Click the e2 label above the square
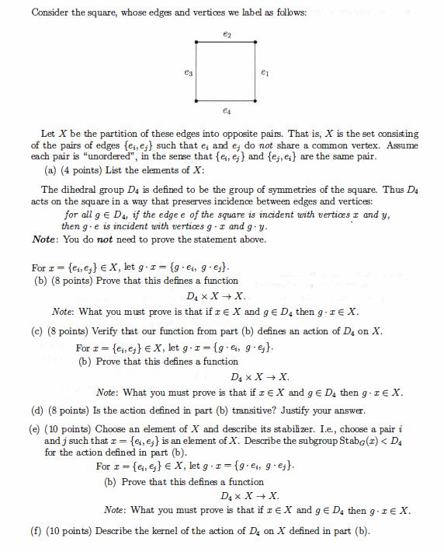[x=226, y=34]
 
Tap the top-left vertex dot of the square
[x=196, y=41]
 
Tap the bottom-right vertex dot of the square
[x=255, y=100]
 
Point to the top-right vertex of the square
[x=255, y=41]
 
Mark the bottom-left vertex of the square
[x=196, y=100]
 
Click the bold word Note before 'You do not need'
[x=47, y=239]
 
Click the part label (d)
[x=36, y=411]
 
